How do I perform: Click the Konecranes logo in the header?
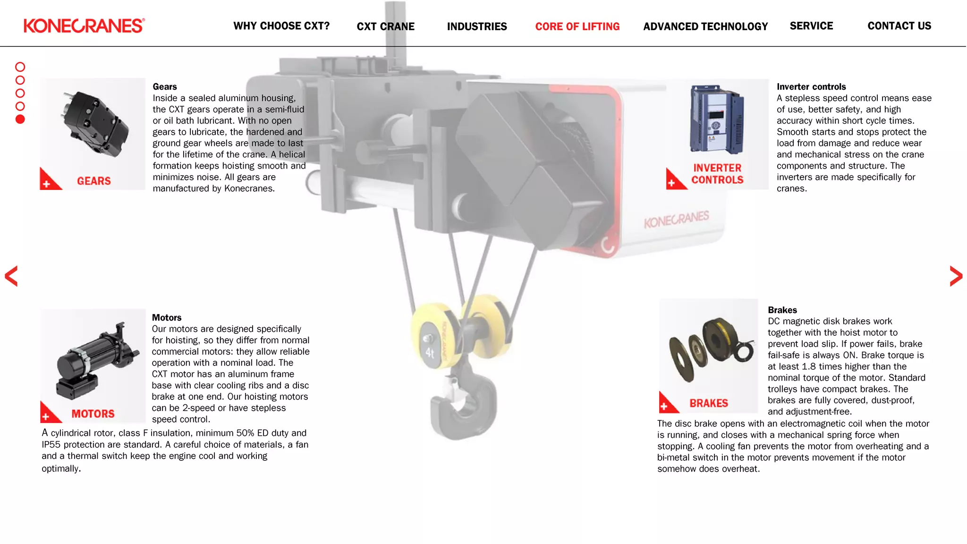point(84,25)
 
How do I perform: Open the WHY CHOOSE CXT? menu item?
point(281,26)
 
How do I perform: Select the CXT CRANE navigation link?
point(385,26)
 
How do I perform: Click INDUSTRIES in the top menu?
point(477,26)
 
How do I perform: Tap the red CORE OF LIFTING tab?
point(577,26)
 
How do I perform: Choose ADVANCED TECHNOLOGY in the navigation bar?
point(705,26)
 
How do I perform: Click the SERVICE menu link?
point(811,26)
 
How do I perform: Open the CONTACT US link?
point(899,26)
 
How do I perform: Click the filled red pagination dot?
point(20,119)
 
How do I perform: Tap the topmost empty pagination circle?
point(20,67)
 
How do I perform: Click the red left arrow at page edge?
point(11,276)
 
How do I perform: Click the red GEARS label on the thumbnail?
point(94,181)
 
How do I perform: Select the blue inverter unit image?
point(716,119)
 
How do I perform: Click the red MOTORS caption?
point(93,414)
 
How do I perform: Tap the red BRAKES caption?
point(708,403)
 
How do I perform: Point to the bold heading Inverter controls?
point(811,87)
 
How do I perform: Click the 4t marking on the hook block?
point(430,353)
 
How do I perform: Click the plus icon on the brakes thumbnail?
point(664,406)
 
